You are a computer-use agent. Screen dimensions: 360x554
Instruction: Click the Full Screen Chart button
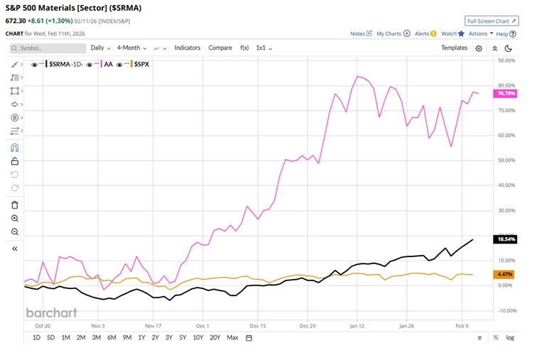[x=492, y=21]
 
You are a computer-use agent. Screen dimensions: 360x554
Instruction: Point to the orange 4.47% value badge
[x=503, y=274]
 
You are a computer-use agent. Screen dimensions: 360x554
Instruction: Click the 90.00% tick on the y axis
[x=506, y=61]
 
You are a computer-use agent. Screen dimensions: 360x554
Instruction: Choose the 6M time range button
[x=112, y=337]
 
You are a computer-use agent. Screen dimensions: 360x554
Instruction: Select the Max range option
[x=232, y=337]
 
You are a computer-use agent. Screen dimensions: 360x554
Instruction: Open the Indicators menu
[x=188, y=48]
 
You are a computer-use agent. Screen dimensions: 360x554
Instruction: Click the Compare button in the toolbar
[x=220, y=48]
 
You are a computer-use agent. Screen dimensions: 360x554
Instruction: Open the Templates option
[x=454, y=48]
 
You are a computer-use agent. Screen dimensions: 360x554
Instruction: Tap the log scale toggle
[x=510, y=337]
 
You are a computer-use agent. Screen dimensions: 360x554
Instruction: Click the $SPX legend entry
[x=142, y=64]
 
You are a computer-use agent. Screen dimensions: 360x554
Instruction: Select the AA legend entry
[x=109, y=64]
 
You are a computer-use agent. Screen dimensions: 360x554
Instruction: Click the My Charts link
[x=389, y=33]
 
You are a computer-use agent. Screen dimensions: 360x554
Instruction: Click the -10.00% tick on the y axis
[x=506, y=310]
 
